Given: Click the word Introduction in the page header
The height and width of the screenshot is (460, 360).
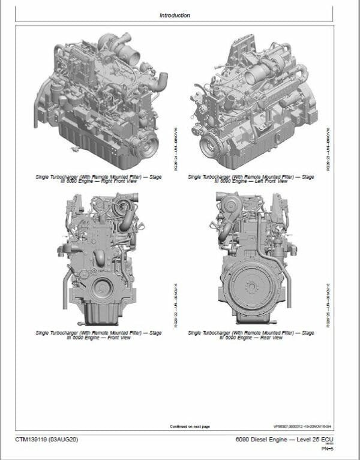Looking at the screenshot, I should [175, 15].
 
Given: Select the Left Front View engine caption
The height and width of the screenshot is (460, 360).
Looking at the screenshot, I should [251, 181].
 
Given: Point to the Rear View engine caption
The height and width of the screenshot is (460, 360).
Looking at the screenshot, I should [251, 335].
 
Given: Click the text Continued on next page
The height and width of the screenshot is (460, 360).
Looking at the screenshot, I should [190, 426].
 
